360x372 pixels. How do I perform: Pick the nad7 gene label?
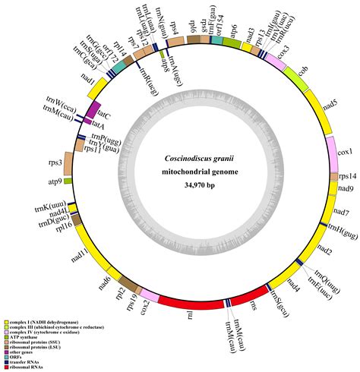341,212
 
